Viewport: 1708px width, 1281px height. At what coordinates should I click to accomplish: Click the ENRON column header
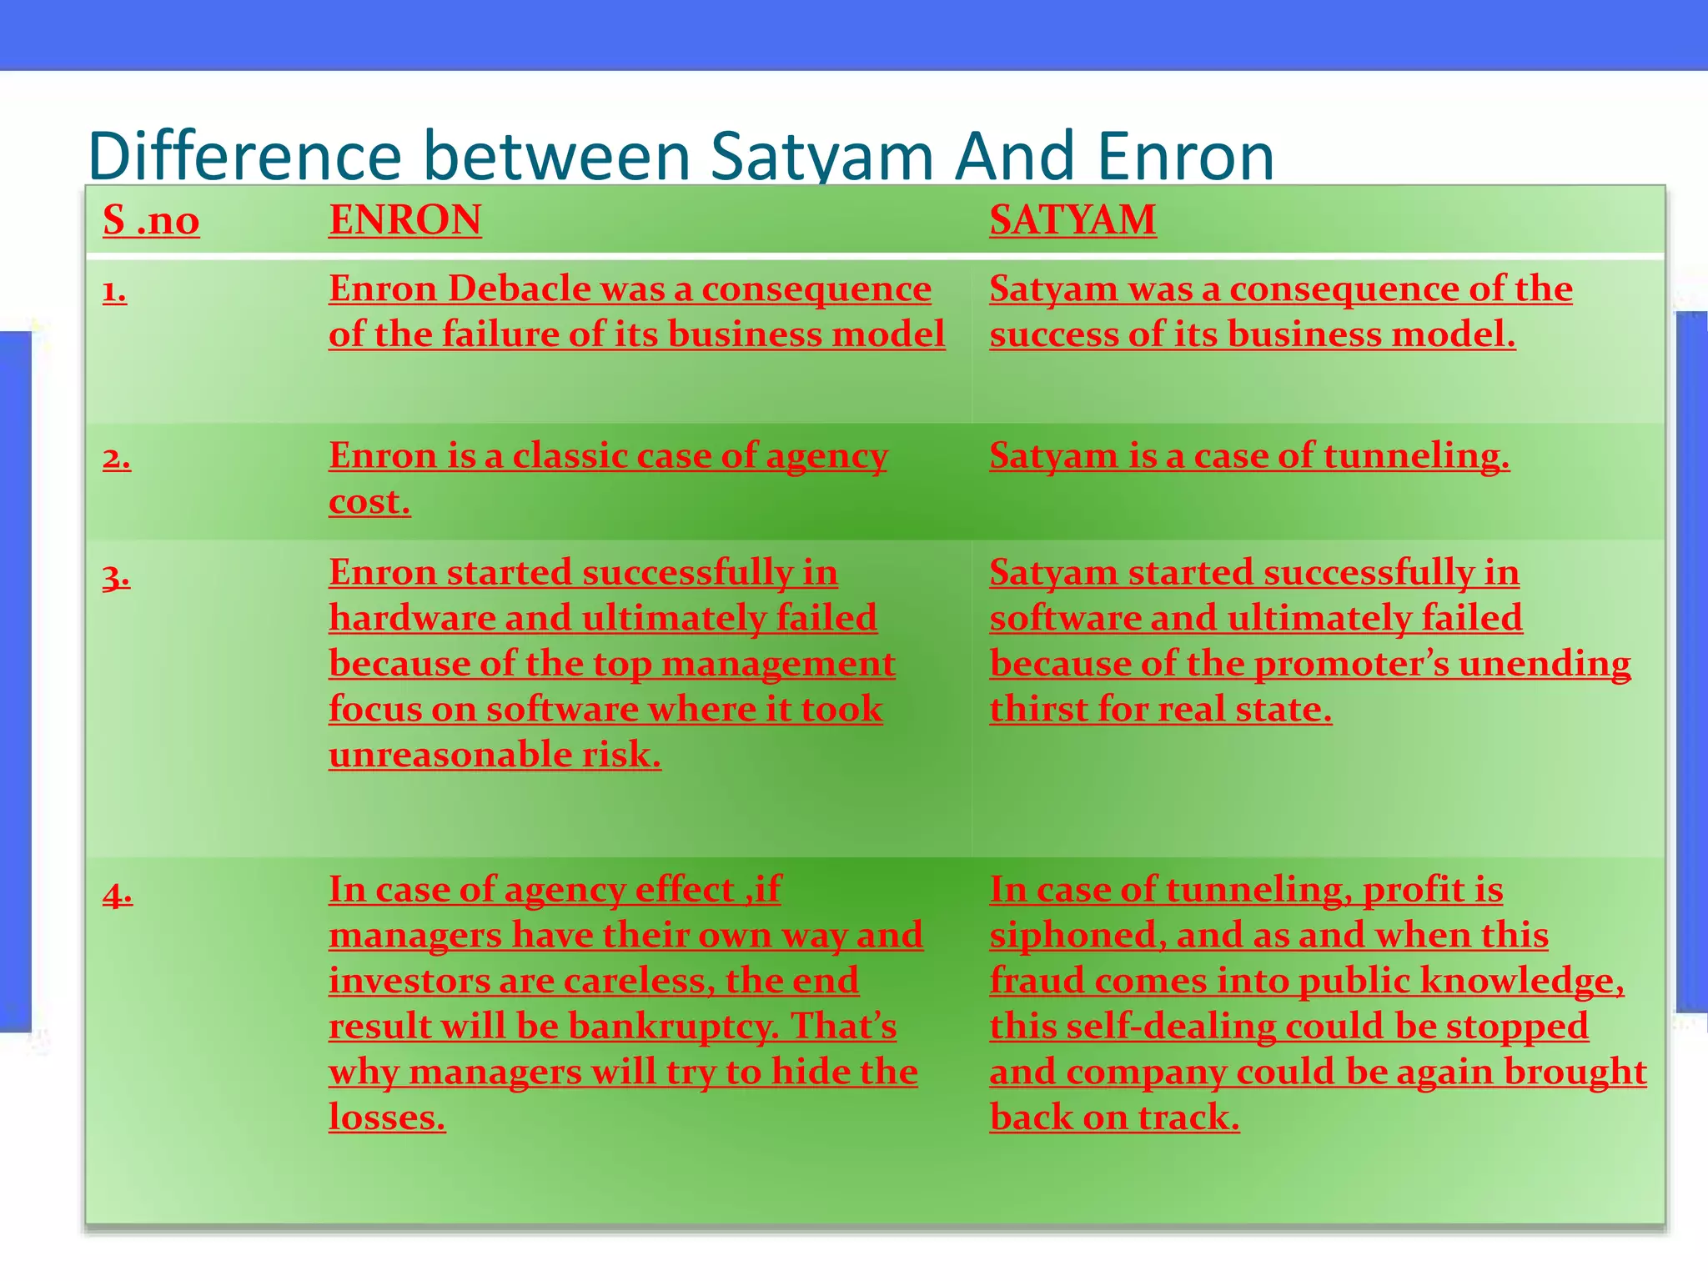click(404, 220)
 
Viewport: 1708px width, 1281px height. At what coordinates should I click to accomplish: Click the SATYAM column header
click(1073, 220)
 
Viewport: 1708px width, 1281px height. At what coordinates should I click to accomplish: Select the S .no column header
click(151, 220)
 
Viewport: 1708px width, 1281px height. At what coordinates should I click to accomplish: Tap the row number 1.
click(114, 291)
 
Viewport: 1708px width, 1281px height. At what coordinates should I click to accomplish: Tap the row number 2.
click(117, 458)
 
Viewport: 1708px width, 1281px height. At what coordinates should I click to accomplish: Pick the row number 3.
click(116, 575)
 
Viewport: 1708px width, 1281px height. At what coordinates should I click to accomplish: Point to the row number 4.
click(118, 894)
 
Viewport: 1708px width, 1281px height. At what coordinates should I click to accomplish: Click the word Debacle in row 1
click(520, 289)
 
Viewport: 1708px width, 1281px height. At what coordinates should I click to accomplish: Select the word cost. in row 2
click(369, 501)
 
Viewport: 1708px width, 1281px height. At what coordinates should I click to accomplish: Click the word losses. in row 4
click(387, 1117)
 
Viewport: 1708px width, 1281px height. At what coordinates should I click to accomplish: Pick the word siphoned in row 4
click(1077, 935)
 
